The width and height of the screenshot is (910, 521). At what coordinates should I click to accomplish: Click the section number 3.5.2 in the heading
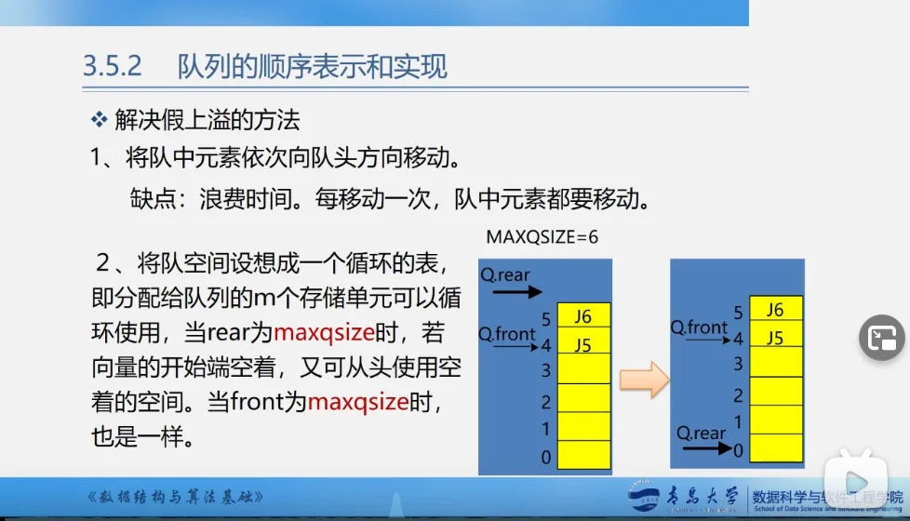pos(112,67)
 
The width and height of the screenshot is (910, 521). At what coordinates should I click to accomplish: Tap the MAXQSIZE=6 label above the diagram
pos(542,237)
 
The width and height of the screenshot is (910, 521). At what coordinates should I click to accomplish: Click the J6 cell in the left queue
pos(583,316)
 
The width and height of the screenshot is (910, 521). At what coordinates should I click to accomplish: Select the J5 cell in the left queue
pos(583,345)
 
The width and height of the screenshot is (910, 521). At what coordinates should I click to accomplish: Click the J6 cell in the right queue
pos(774,310)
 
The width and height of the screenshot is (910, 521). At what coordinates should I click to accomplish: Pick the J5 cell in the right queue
pos(774,338)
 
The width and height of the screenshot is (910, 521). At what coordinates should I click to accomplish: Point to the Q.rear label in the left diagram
pos(505,275)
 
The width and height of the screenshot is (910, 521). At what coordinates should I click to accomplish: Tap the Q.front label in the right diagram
pos(700,327)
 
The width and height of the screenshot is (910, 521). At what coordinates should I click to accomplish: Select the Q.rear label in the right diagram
pos(701,433)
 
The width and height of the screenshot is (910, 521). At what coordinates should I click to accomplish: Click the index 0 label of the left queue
pos(546,457)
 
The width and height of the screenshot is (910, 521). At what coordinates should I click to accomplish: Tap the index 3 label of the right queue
pos(738,365)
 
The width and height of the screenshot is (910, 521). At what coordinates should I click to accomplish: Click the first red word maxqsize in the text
pos(323,332)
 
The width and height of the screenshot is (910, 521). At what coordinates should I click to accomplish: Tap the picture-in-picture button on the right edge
pos(880,338)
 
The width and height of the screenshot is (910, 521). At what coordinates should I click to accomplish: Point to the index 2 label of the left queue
pos(546,403)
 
